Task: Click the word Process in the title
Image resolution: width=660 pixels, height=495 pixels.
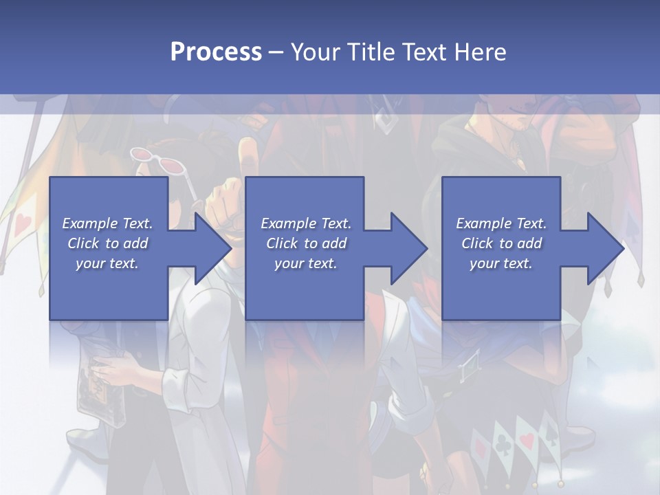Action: (x=216, y=52)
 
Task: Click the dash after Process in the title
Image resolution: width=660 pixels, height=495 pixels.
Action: (x=276, y=53)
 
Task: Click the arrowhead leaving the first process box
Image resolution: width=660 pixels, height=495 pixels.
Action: (x=212, y=248)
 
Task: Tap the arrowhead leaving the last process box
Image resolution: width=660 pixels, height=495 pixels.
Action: (x=605, y=248)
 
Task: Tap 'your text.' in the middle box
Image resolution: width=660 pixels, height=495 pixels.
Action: (x=306, y=263)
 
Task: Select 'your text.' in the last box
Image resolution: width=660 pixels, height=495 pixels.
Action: (x=501, y=263)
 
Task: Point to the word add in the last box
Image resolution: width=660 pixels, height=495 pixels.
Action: (x=529, y=243)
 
